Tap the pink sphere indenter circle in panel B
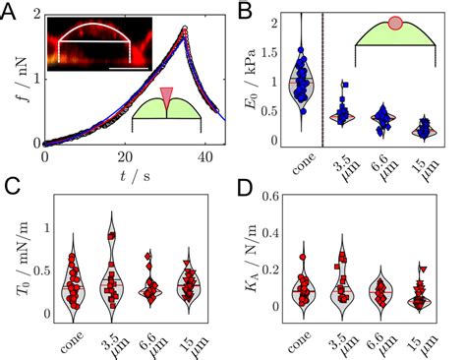[x=394, y=23]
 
